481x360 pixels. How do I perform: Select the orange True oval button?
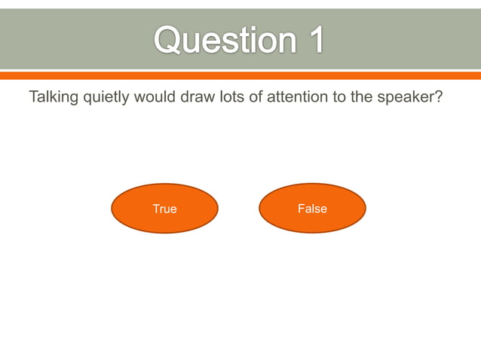coord(164,209)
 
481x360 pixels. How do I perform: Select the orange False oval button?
coord(312,209)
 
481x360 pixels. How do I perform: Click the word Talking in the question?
coord(53,98)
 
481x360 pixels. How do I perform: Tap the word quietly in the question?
coord(106,98)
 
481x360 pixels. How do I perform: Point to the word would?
coord(155,98)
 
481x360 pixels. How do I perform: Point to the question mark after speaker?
coord(437,98)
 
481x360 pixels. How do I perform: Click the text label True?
coord(164,209)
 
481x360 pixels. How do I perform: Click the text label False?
coord(312,209)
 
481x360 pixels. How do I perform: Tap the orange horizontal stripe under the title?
coord(240,75)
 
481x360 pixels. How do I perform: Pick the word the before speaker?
coord(362,98)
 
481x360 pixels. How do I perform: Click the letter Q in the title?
coord(170,39)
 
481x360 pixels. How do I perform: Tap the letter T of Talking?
coord(33,98)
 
